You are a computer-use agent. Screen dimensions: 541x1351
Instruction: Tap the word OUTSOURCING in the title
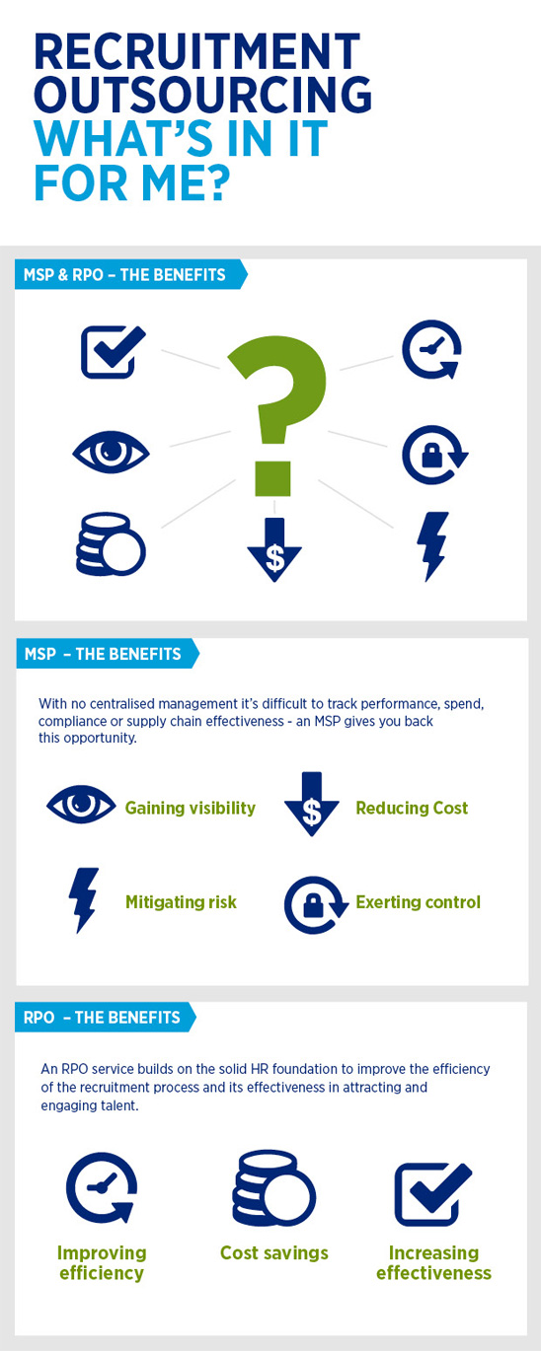click(203, 95)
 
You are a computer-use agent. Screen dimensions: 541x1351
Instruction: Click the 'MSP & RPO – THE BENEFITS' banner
click(130, 274)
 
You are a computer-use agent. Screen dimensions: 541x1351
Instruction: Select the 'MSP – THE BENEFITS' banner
click(107, 653)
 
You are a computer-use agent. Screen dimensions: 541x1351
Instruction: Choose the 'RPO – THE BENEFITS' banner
click(105, 1018)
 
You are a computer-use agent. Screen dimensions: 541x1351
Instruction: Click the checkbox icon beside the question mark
click(112, 352)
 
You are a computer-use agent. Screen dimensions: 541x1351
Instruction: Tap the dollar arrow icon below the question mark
click(274, 550)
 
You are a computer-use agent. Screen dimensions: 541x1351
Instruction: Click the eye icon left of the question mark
click(112, 452)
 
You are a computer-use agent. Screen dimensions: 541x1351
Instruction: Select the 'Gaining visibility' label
click(191, 809)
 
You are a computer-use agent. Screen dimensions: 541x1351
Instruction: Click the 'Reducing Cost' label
click(412, 809)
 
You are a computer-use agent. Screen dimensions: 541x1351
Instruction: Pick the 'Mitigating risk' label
click(181, 902)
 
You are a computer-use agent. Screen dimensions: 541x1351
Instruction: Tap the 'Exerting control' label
click(419, 902)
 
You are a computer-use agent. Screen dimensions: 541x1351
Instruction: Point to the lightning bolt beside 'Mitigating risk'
click(84, 900)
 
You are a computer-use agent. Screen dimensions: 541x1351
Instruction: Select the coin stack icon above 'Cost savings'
click(274, 1188)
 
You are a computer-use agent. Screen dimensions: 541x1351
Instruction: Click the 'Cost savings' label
click(274, 1252)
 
